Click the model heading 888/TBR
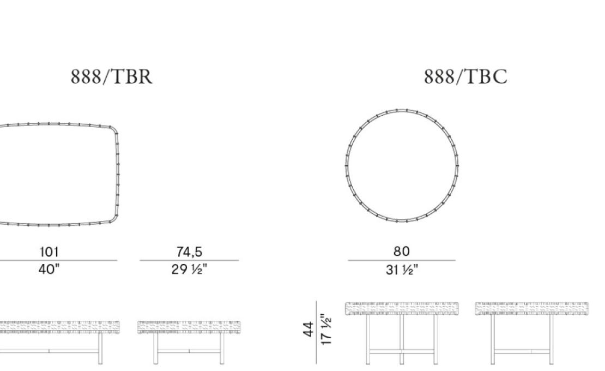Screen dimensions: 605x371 [112, 76]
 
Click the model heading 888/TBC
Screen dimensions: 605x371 [465, 76]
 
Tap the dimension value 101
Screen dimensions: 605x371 [50, 252]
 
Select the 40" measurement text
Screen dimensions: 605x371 [49, 269]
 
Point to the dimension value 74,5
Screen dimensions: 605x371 [189, 252]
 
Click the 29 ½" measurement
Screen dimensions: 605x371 [189, 269]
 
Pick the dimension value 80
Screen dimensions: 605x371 [401, 252]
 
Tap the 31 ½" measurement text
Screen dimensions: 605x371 [402, 270]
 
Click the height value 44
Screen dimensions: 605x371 [308, 329]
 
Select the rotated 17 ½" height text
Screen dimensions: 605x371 [326, 330]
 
